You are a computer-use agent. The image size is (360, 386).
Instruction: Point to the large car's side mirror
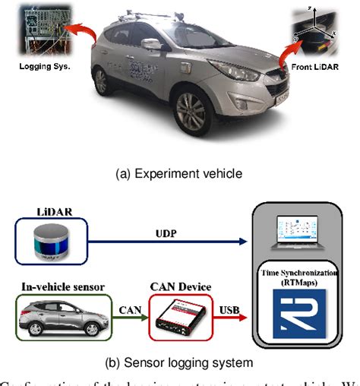(x=150, y=45)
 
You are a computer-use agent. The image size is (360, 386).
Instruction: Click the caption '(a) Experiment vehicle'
(x=179, y=172)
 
